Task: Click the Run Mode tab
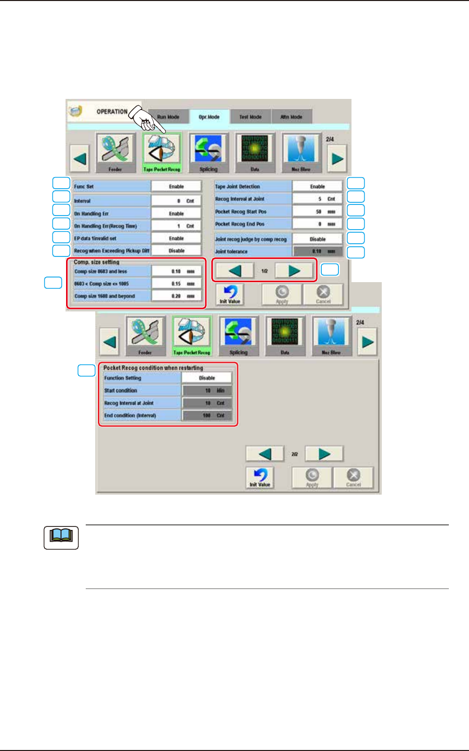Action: point(168,117)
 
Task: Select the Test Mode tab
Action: point(250,117)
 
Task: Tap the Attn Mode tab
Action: point(291,117)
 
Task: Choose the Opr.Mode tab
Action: point(209,117)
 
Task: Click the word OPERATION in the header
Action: point(112,112)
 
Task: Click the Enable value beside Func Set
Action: point(176,187)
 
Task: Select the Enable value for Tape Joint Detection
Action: point(317,187)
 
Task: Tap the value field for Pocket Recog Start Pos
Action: point(317,212)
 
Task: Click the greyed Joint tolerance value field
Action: point(317,251)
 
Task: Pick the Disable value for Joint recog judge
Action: point(317,239)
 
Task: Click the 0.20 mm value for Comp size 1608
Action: point(177,296)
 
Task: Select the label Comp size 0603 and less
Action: point(101,272)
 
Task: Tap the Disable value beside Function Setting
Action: point(207,378)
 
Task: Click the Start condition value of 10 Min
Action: point(207,391)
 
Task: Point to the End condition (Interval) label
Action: point(130,416)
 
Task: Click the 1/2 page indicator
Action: point(264,271)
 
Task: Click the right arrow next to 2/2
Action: point(324,454)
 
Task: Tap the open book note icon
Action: point(61,538)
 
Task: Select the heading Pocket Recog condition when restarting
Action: point(153,368)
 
